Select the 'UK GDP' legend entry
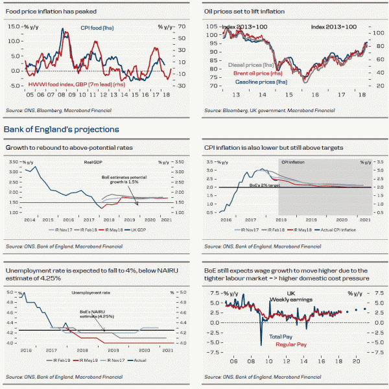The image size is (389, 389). pyautogui.click(x=150, y=230)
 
